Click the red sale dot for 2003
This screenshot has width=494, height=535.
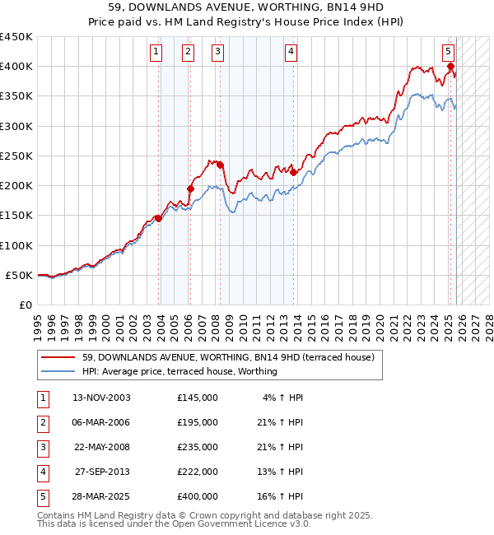click(x=159, y=218)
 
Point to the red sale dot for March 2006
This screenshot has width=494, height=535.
click(x=190, y=188)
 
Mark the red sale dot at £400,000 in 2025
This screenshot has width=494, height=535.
click(x=451, y=67)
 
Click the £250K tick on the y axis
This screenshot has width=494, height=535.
click(x=16, y=156)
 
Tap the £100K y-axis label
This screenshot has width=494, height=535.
click(x=16, y=245)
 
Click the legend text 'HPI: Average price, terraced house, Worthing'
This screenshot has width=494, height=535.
click(x=179, y=371)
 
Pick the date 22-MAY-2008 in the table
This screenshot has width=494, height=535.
click(x=101, y=447)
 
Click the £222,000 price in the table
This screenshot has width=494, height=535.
click(x=198, y=472)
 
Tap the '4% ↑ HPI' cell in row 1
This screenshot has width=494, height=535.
click(x=282, y=398)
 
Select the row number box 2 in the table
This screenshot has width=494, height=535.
click(x=41, y=422)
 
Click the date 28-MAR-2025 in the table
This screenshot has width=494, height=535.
click(x=101, y=496)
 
